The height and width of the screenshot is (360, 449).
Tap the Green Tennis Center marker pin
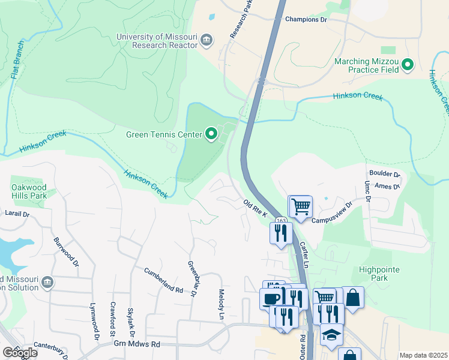coord(211,134)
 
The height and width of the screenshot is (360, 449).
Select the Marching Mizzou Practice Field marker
coord(408,65)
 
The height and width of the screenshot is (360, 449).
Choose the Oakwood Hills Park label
coord(29,191)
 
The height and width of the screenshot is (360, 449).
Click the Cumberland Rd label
coord(163,280)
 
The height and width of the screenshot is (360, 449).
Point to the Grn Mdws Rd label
coord(137,344)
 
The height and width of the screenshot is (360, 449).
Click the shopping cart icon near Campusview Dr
coord(301,206)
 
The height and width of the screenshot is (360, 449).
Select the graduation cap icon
coord(331,334)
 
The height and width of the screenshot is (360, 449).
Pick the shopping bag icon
coord(353,298)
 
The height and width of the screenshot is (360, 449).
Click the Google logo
coord(19,352)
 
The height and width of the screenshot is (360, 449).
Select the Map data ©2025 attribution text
coord(423,355)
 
